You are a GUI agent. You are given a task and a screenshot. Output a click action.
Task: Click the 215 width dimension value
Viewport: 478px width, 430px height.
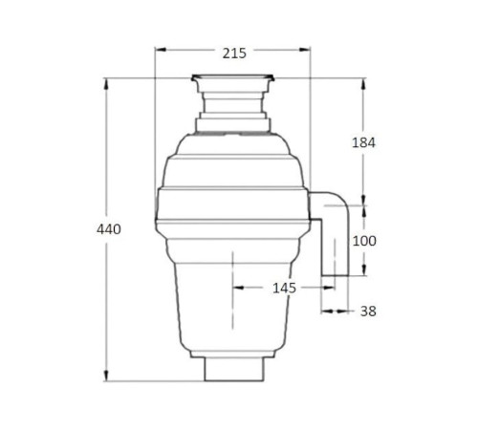point(234,54)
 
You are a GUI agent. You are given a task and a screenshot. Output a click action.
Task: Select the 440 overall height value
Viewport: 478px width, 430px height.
point(109,229)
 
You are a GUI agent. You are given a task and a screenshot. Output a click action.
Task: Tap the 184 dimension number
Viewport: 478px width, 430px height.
point(363,142)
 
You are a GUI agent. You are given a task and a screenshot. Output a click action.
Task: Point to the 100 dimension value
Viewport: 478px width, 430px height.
point(364,241)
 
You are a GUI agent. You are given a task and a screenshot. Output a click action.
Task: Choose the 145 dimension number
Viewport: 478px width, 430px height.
point(284,289)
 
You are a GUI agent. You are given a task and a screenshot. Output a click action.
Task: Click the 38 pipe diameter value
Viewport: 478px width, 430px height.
point(368,312)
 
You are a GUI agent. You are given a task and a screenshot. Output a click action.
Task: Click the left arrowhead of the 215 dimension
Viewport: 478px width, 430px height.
point(161,50)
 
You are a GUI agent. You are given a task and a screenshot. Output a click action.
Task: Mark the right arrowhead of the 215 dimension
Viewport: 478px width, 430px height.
point(304,50)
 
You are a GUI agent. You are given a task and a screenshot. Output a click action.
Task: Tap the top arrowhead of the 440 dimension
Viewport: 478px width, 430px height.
point(107,84)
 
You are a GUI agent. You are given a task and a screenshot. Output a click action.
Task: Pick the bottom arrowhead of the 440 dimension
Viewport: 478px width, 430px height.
point(107,376)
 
